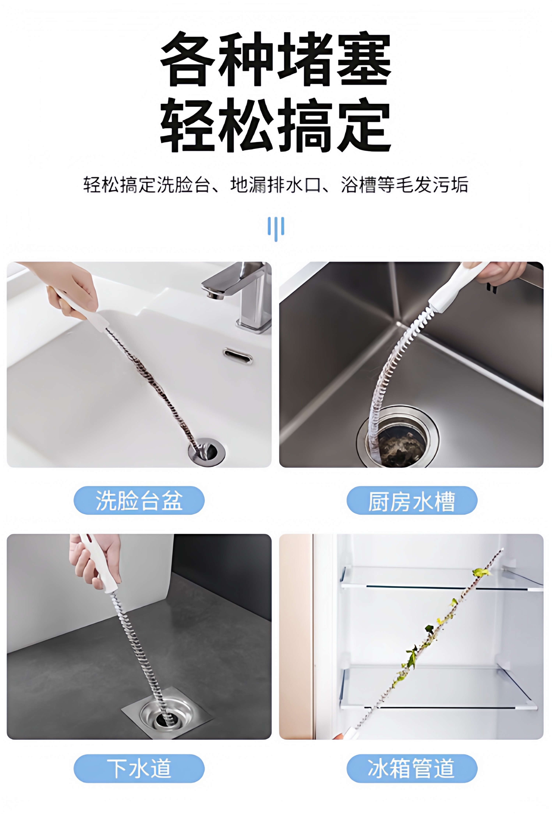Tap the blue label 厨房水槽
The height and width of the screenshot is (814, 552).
tap(412, 500)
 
